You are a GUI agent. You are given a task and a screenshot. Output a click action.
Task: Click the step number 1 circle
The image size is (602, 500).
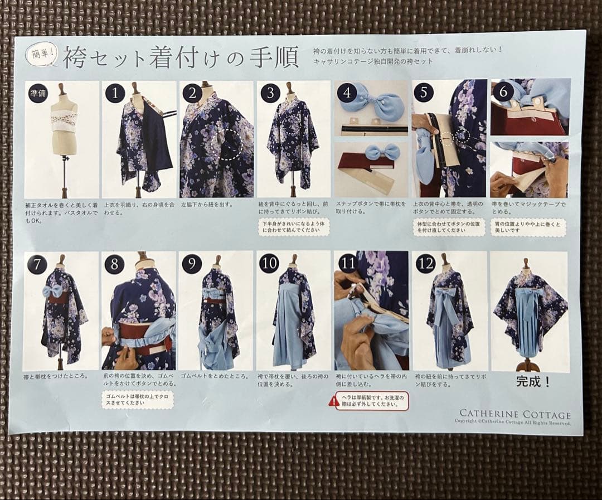[115, 93]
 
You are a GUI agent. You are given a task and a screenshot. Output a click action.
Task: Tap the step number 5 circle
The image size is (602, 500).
[424, 93]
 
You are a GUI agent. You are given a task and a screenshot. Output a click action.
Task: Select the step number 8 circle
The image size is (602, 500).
[114, 264]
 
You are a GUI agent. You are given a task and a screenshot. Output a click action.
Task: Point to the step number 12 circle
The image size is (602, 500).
[425, 264]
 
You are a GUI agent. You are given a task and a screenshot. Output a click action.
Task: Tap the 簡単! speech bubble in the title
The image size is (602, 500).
[42, 54]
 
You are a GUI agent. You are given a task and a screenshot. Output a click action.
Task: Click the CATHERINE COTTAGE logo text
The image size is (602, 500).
[514, 414]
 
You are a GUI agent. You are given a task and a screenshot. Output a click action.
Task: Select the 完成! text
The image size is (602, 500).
[532, 382]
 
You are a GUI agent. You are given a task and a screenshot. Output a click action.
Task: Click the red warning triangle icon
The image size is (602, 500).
[334, 401]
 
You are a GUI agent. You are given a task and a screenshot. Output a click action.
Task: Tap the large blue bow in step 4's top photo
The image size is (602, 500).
[370, 103]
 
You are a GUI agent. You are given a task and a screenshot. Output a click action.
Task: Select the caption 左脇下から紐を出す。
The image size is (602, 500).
[207, 205]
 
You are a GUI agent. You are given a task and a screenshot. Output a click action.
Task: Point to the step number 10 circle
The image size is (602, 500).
[269, 264]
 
